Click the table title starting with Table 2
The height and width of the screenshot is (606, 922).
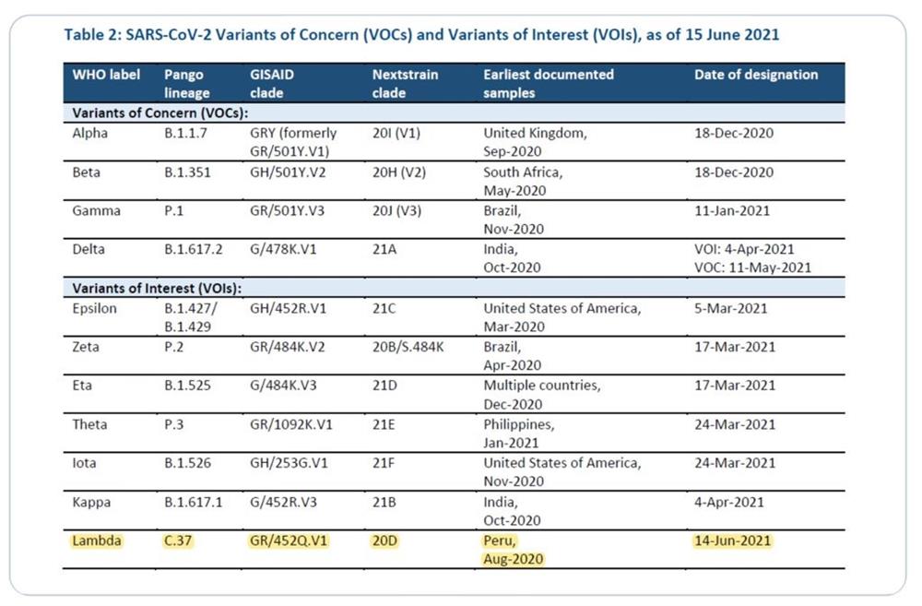[x=421, y=35]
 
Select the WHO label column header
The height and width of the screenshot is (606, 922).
[x=106, y=75]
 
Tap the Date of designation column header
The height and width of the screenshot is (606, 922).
[x=756, y=75]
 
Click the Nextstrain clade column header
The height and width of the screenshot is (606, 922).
[x=405, y=84]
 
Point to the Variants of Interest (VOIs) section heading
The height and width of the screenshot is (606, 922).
[x=157, y=289]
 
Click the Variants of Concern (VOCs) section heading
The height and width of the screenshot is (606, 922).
[x=160, y=113]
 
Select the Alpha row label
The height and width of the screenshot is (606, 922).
[x=90, y=133]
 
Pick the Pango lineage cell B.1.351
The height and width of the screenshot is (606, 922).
[x=187, y=172]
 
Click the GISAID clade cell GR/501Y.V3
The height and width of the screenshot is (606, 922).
[x=287, y=210]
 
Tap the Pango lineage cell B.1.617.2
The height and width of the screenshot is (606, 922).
[x=194, y=249]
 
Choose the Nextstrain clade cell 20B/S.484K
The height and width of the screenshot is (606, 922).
[x=408, y=347]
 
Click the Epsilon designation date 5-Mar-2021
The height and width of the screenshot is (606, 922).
[x=731, y=308]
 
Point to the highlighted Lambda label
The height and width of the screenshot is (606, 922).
[x=97, y=541]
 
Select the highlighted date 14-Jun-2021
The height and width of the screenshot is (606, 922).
[x=733, y=541]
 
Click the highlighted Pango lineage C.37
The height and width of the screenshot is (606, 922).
[x=178, y=541]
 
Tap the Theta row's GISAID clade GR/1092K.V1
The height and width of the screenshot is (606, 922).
[x=291, y=424]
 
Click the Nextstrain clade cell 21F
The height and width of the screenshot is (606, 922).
[x=384, y=463]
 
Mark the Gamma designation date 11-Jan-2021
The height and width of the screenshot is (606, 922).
[x=732, y=210]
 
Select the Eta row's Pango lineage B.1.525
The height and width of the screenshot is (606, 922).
[x=187, y=386]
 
